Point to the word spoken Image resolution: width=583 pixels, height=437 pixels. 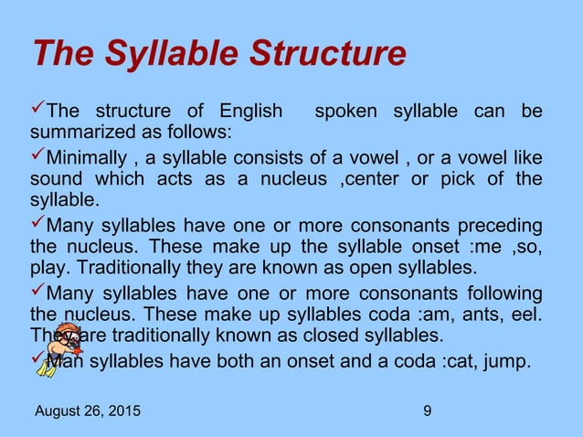(x=347, y=112)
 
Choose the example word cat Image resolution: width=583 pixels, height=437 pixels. (x=454, y=360)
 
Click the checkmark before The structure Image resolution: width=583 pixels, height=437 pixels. (x=37, y=111)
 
